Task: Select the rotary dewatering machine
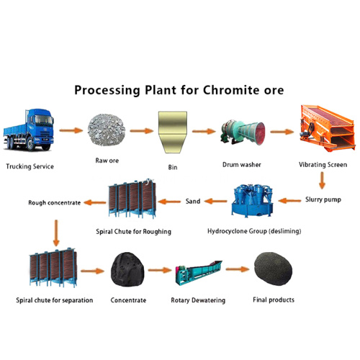[x=201, y=274]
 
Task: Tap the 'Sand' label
[x=193, y=201]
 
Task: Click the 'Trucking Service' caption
[x=30, y=167]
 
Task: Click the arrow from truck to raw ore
[x=71, y=131]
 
